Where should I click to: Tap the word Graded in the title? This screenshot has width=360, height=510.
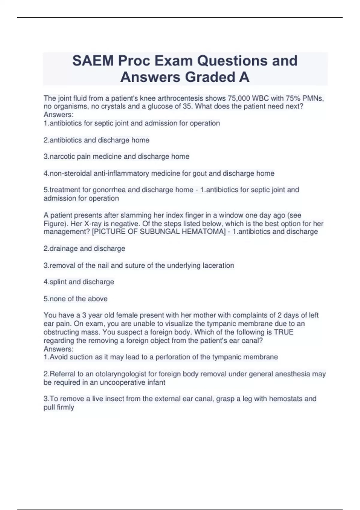[210, 77]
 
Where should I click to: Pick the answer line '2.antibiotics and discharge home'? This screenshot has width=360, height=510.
[96, 140]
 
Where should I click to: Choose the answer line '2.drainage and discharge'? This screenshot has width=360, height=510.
[84, 249]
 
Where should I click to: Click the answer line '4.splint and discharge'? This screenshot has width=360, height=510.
[79, 282]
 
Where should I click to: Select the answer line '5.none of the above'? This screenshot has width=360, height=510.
[76, 299]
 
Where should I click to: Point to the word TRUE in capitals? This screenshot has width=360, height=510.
[284, 332]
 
